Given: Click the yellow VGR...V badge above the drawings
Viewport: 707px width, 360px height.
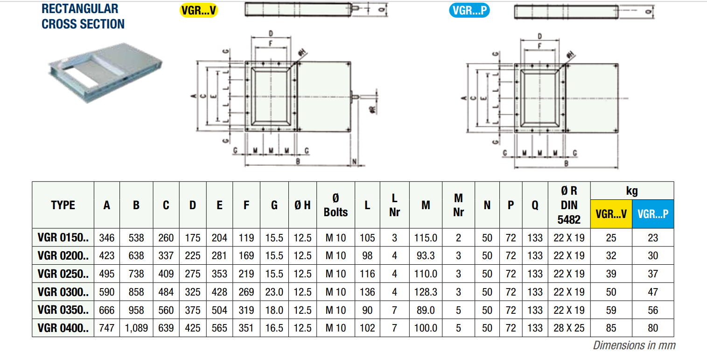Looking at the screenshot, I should point(199,10).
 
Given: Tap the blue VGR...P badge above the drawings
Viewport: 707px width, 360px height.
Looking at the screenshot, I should point(469,10).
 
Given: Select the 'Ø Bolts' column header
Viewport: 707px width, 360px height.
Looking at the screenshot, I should point(336,205).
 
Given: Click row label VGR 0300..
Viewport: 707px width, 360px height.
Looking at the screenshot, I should point(63,292).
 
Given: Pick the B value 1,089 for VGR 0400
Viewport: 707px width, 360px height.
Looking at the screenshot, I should point(136,328).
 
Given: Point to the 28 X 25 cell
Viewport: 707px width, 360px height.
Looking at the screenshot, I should point(569,328).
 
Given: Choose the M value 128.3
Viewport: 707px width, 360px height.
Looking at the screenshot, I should point(426,292).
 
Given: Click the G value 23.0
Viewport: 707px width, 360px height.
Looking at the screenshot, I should point(274,292).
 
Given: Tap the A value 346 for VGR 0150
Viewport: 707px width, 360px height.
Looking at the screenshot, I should point(107,238).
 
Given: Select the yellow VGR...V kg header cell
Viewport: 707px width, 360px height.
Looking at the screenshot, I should point(611,214).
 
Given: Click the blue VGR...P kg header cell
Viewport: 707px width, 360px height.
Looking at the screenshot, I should point(652,214).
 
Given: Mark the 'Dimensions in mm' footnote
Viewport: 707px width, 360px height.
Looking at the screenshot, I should point(634,346).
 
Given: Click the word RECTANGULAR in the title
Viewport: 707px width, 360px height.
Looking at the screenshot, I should point(80,8).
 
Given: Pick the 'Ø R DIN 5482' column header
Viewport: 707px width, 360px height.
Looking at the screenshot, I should point(569,205).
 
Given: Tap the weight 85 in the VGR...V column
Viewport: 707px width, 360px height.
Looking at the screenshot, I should point(611,328).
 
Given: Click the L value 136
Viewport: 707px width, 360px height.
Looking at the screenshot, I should point(367,292).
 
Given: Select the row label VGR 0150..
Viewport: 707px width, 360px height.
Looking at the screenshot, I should point(63,238).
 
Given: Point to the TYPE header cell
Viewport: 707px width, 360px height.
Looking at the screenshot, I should point(63,205).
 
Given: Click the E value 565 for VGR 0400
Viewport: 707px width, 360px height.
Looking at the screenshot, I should point(219,328).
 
